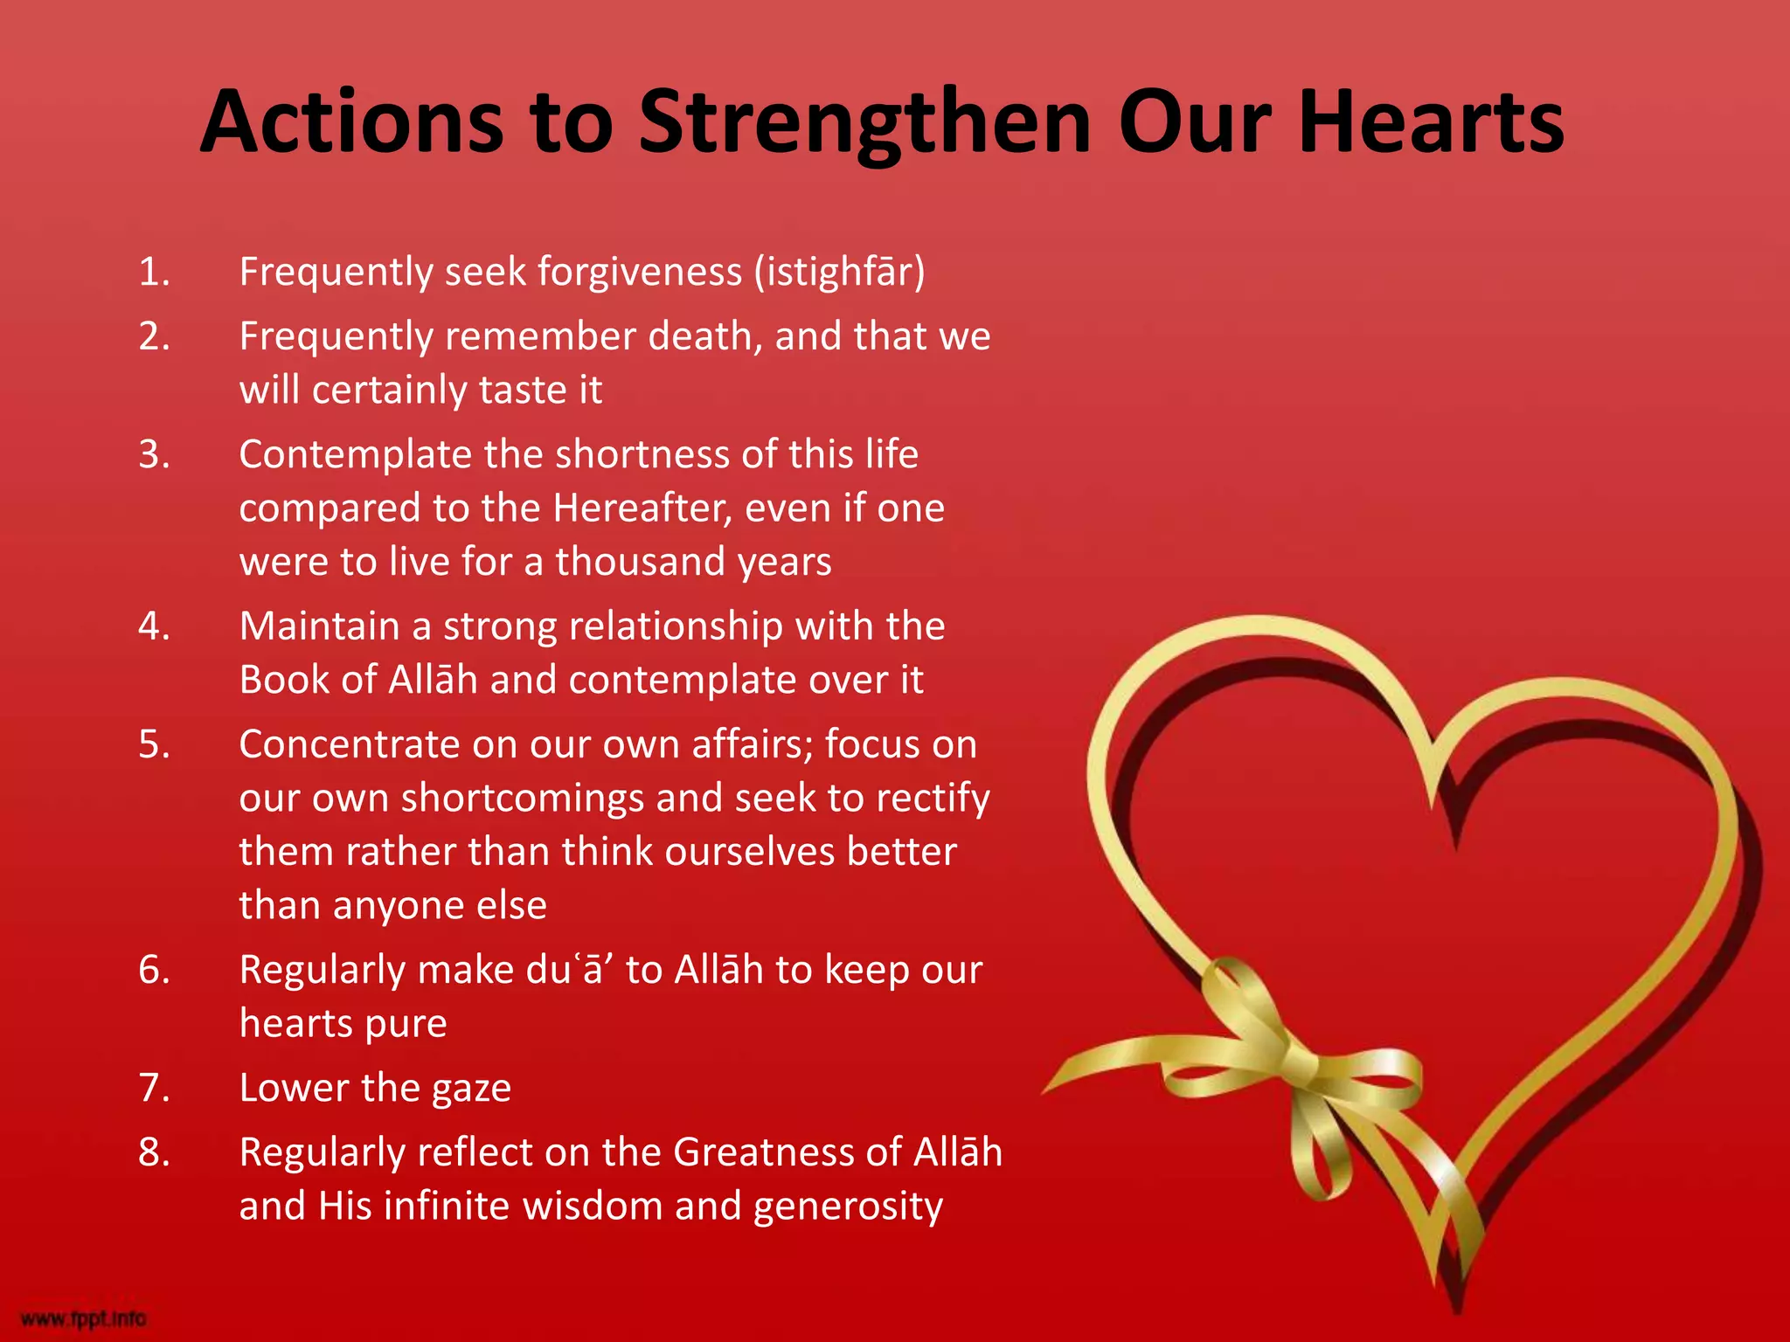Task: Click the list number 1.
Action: click(153, 273)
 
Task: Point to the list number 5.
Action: click(153, 745)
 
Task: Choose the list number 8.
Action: click(153, 1153)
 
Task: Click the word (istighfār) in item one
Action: click(839, 273)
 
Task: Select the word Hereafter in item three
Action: click(642, 508)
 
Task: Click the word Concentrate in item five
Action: click(350, 745)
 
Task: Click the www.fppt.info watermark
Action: click(83, 1318)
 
